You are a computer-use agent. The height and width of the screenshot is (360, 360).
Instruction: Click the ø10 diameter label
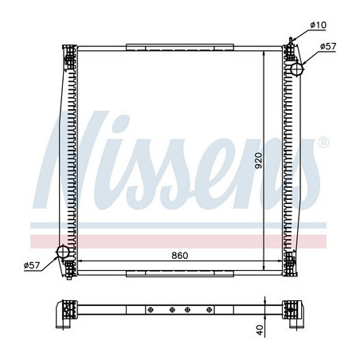coord(319,26)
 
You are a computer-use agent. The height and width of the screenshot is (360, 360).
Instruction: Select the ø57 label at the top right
coord(328,47)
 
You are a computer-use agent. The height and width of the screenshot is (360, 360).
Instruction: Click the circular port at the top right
coord(296,69)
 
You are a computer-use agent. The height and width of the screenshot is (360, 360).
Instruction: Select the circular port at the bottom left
coord(63,253)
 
